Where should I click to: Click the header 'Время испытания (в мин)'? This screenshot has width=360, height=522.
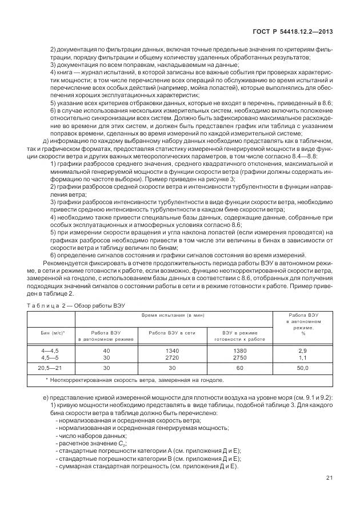click(x=174, y=316)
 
